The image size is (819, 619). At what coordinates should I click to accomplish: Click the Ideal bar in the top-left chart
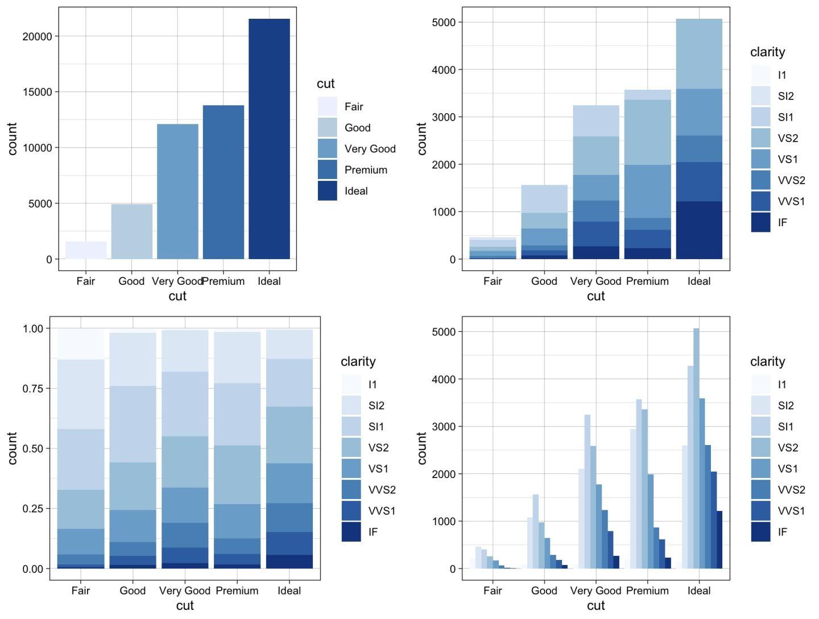[269, 139]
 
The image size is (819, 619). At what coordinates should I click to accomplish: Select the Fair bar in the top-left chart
[86, 251]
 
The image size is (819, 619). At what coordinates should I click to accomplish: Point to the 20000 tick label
[37, 36]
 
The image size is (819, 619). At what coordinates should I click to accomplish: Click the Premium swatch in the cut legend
[328, 170]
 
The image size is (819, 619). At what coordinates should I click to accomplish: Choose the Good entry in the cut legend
[357, 128]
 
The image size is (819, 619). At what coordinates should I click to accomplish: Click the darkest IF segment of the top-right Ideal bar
[699, 230]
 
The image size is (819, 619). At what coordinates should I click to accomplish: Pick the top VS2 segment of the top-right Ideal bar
[699, 54]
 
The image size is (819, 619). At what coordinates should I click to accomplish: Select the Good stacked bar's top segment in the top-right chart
[544, 199]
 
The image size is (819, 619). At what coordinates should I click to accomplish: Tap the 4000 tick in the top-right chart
[444, 70]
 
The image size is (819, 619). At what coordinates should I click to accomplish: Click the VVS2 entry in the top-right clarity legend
[791, 180]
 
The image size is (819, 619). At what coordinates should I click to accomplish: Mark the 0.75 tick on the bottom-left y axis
[32, 388]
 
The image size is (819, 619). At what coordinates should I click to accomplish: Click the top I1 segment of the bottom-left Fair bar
[81, 344]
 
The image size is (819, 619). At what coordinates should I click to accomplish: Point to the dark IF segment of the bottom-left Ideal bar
[289, 562]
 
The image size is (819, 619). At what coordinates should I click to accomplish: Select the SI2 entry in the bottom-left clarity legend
[376, 405]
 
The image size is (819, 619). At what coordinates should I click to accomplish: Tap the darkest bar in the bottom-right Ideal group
[719, 539]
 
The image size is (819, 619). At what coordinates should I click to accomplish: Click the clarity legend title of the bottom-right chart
[767, 362]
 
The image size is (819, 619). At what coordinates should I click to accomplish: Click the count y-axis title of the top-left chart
[13, 139]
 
